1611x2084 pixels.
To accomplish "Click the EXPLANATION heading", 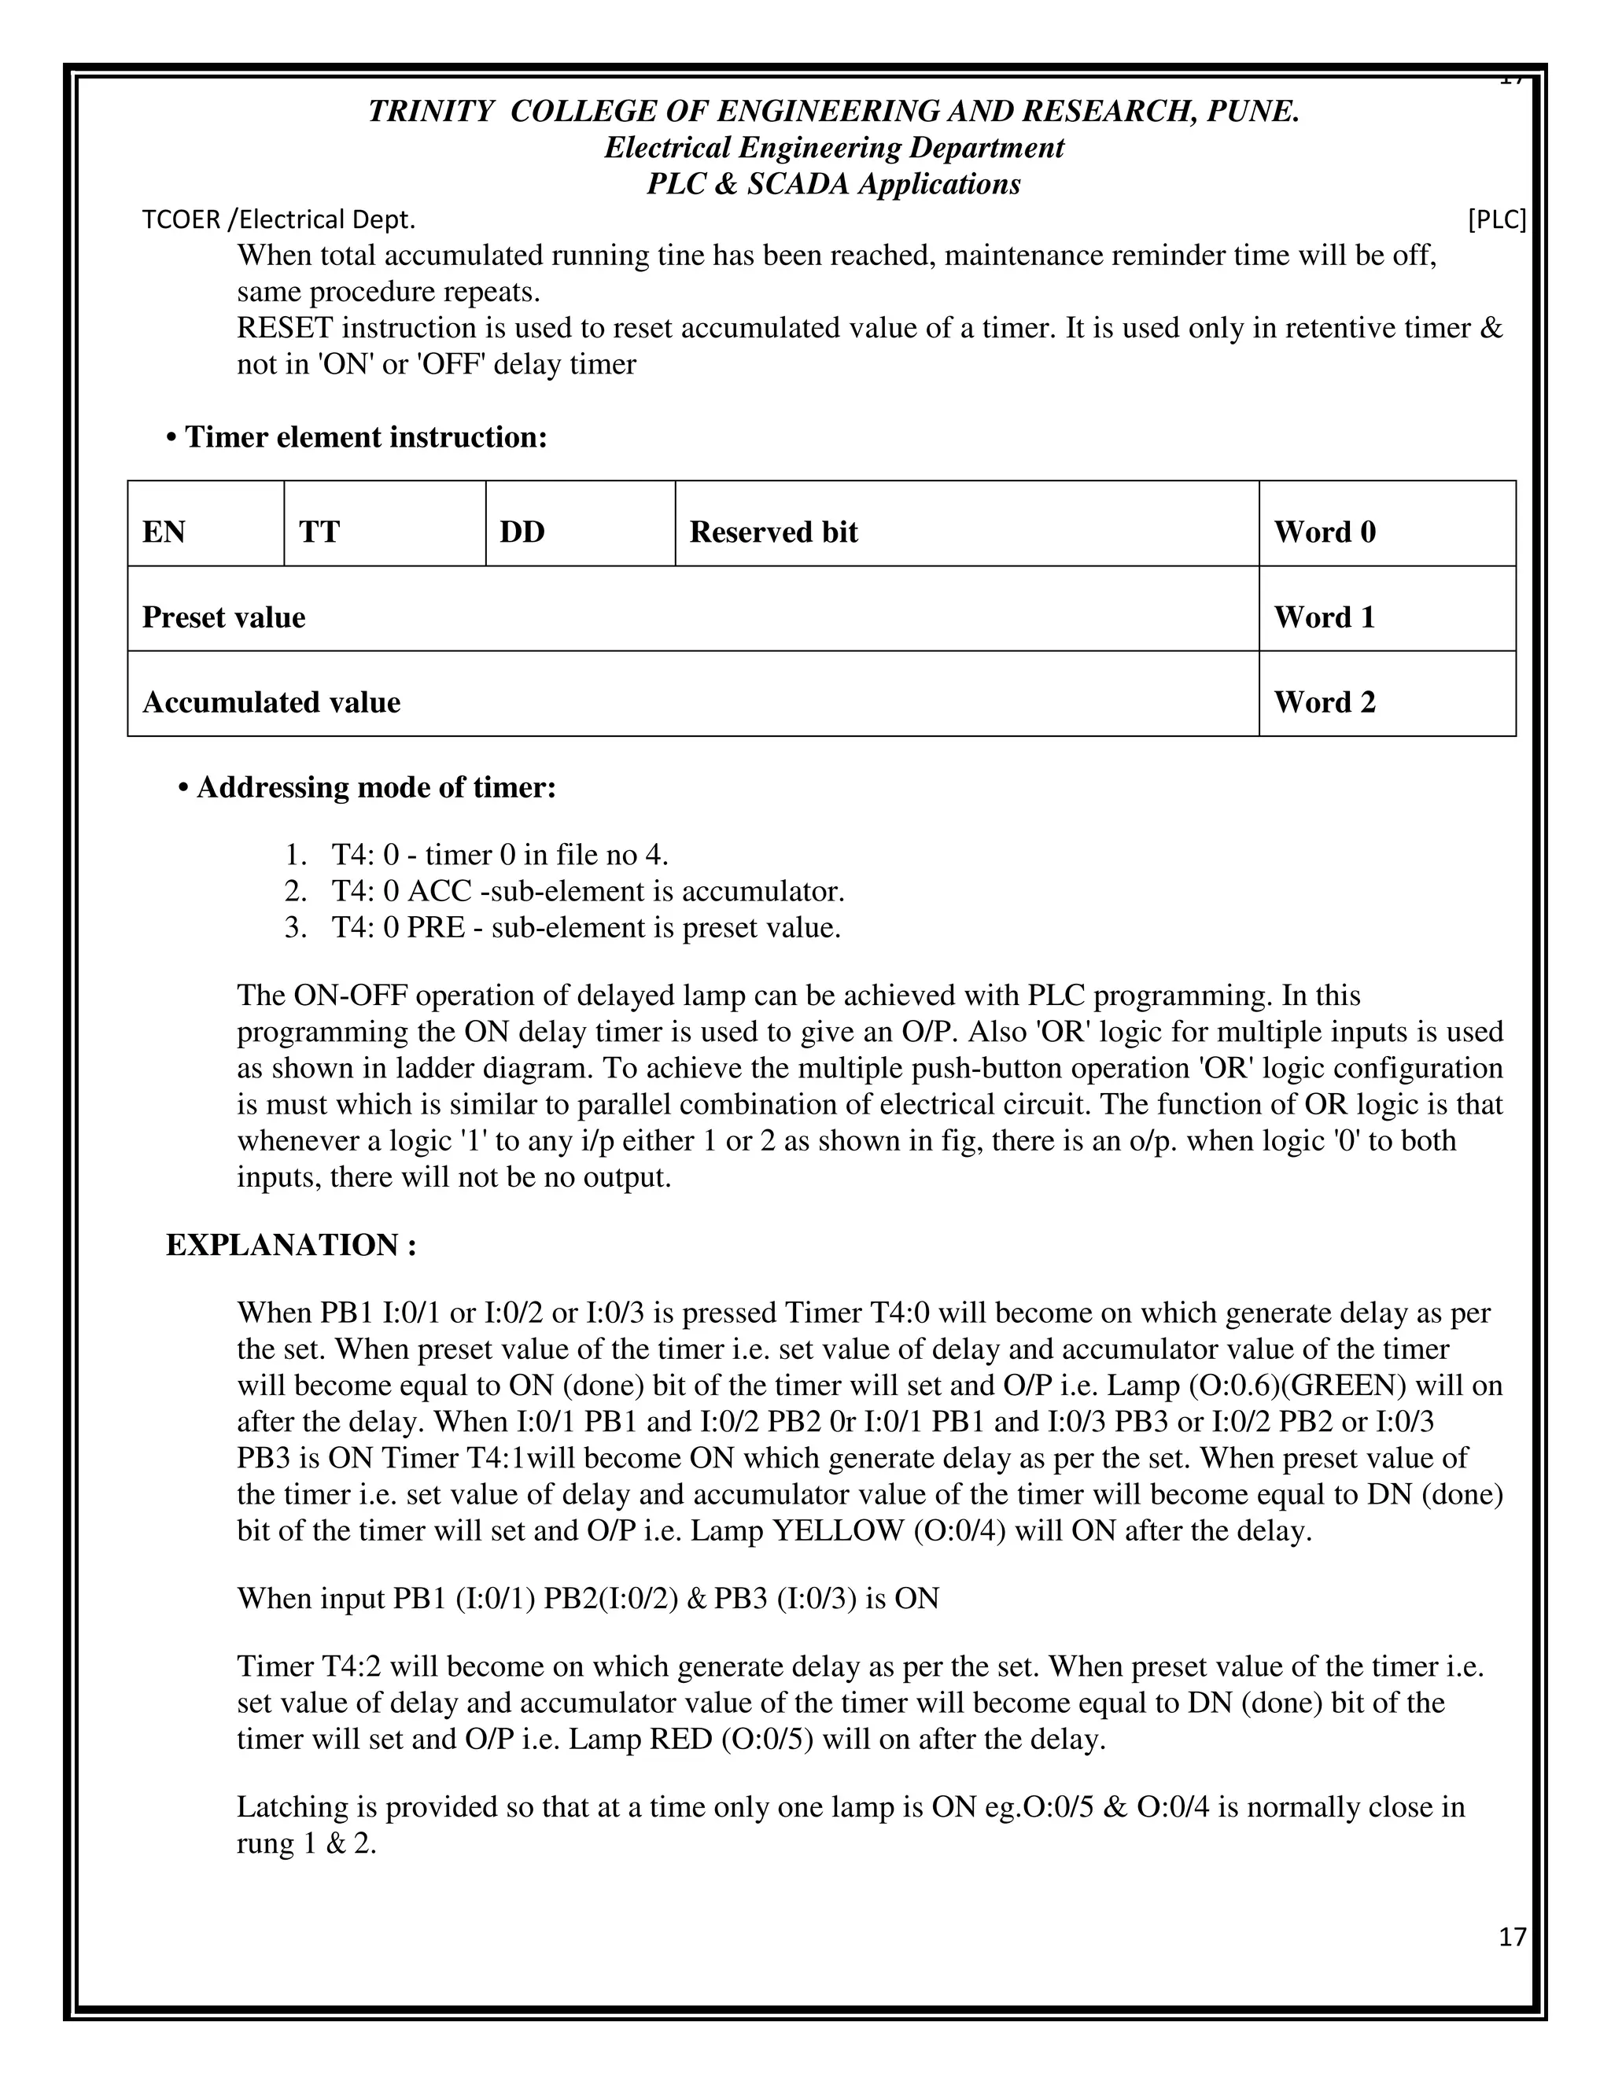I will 291,1245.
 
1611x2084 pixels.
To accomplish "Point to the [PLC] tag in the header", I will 1496,220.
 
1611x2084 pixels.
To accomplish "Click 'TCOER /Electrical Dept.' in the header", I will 278,220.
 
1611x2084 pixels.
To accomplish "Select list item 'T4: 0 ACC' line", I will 587,891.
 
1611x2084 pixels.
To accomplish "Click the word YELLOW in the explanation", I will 837,1530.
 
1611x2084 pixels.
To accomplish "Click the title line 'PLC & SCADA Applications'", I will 833,184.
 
